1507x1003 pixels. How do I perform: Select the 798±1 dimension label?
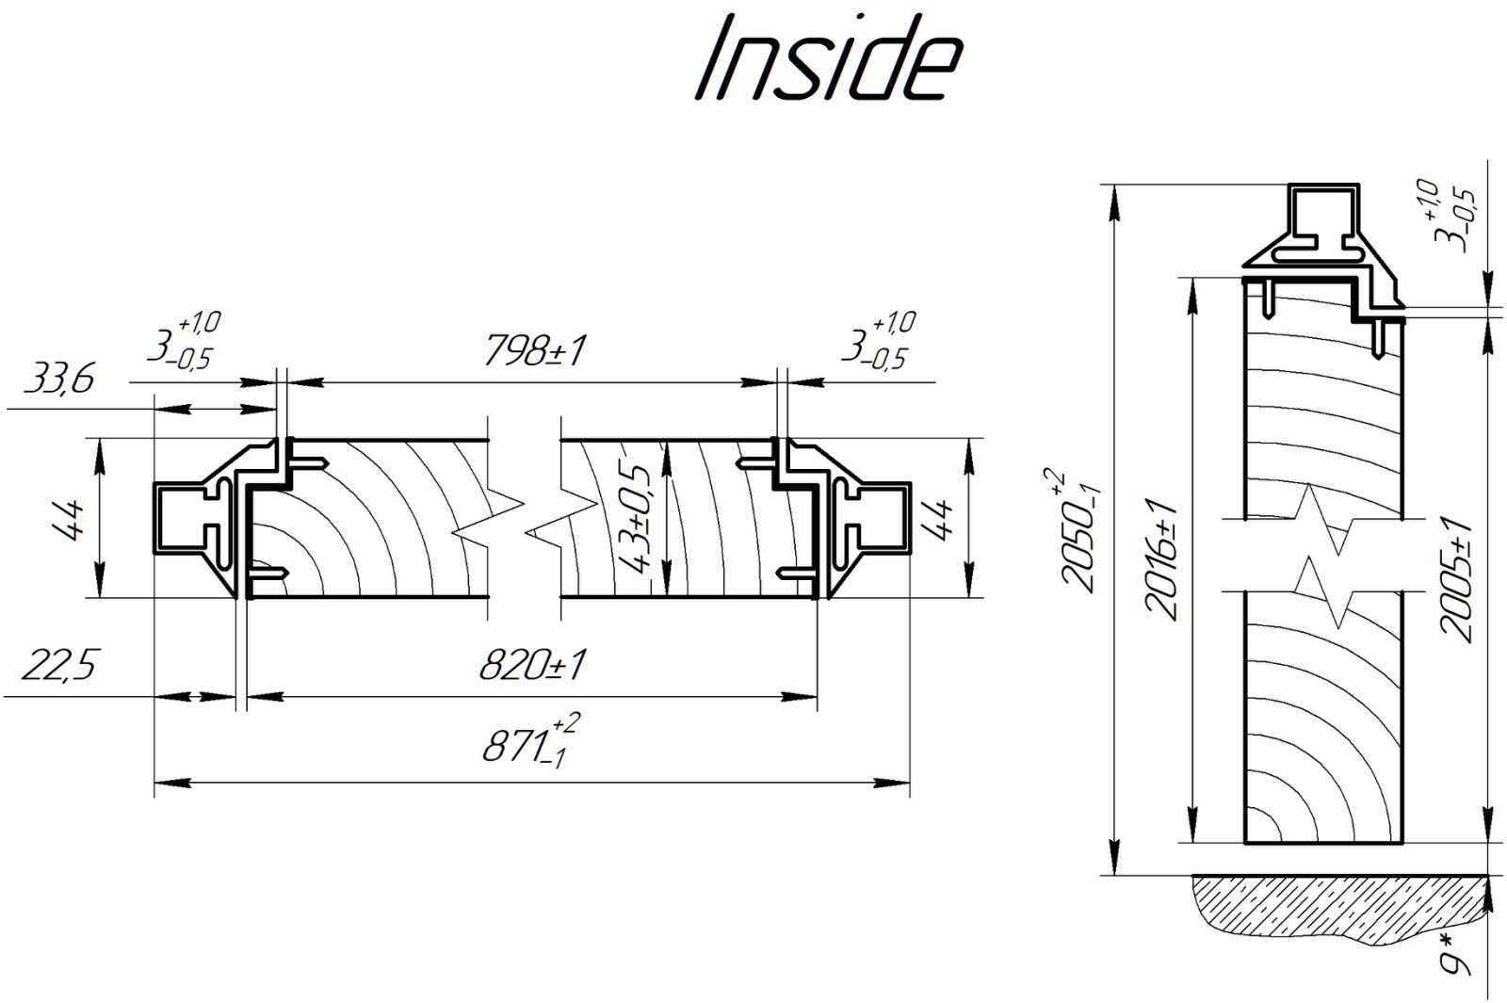pos(535,352)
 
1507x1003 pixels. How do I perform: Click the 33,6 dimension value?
pos(58,380)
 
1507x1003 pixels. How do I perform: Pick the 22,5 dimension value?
pos(58,666)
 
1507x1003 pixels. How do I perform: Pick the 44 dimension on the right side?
pos(941,519)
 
